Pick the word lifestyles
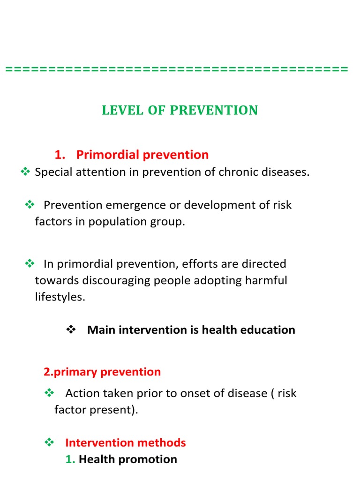(60, 297)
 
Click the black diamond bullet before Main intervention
(71, 330)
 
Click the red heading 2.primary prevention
(102, 372)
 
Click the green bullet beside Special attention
(25, 172)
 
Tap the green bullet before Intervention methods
(49, 442)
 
